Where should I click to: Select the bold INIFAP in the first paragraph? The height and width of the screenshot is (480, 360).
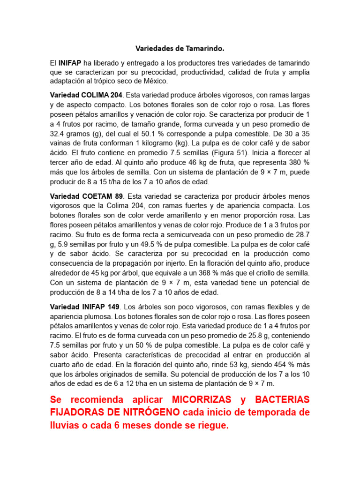pos(70,62)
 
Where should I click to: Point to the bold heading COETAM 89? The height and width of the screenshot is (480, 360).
pos(102,196)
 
